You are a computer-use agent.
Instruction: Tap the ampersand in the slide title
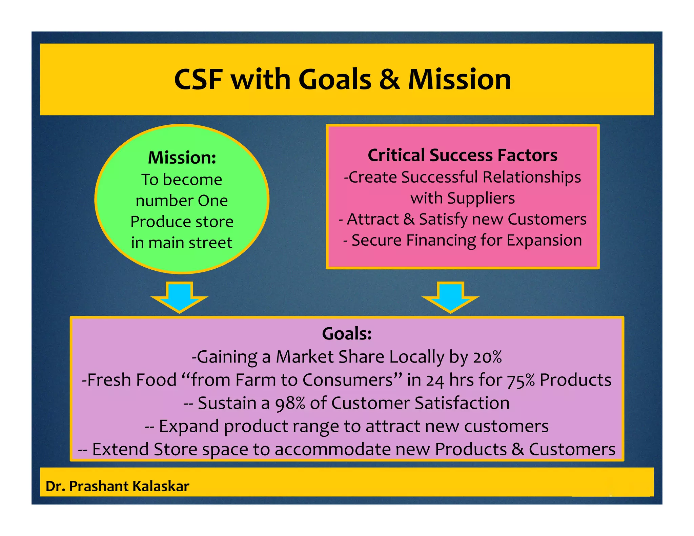click(390, 80)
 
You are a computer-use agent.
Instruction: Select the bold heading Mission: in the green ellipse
click(182, 158)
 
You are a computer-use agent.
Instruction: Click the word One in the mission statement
click(213, 201)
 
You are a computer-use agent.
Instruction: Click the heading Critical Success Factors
click(463, 156)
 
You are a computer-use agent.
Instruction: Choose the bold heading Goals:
click(347, 334)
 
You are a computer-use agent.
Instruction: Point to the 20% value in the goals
click(488, 357)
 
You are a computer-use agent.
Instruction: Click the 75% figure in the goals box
click(521, 380)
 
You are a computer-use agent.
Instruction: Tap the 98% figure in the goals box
click(290, 404)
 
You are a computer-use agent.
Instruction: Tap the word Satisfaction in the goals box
click(462, 404)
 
